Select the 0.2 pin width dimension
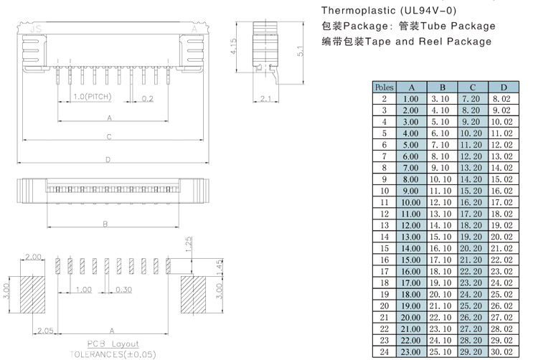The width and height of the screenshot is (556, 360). [x=147, y=98]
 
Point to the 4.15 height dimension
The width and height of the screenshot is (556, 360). [x=235, y=47]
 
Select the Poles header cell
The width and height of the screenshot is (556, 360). [x=384, y=87]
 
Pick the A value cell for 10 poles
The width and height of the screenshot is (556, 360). [x=410, y=191]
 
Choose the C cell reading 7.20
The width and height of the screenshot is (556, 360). [x=471, y=99]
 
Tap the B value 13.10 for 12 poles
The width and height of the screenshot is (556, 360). [x=440, y=214]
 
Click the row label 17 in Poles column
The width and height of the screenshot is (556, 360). [x=384, y=271]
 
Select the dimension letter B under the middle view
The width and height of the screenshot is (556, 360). [x=105, y=224]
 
